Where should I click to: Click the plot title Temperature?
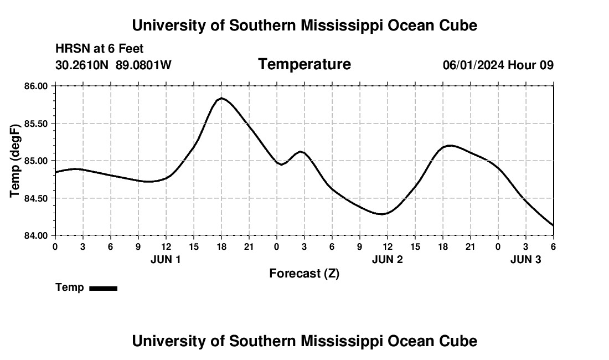pyautogui.click(x=304, y=64)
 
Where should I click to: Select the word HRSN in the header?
pyautogui.click(x=70, y=49)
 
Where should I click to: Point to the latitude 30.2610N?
pyautogui.click(x=82, y=65)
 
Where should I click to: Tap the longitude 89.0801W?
pyautogui.click(x=143, y=65)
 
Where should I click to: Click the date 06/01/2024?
pyautogui.click(x=473, y=65)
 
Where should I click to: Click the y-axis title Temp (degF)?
pyautogui.click(x=15, y=161)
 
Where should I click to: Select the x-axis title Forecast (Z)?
pyautogui.click(x=304, y=273)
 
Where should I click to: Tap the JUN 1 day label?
pyautogui.click(x=166, y=259)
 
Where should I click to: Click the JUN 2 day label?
pyautogui.click(x=387, y=259)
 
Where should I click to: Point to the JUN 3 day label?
pyautogui.click(x=525, y=259)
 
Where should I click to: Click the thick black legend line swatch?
pyautogui.click(x=103, y=288)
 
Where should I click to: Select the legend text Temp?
pyautogui.click(x=70, y=287)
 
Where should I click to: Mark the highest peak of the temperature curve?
pyautogui.click(x=221, y=98)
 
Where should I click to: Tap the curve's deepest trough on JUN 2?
pyautogui.click(x=382, y=214)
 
